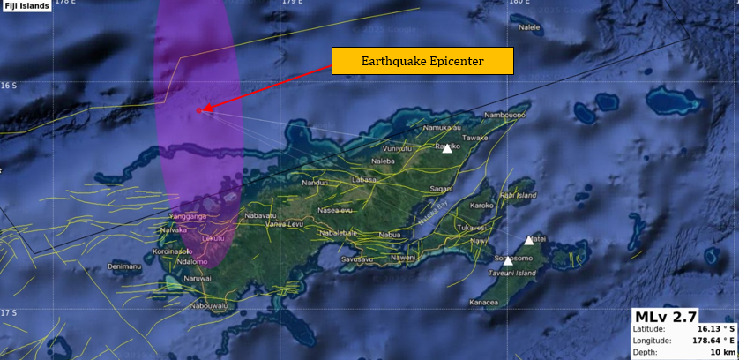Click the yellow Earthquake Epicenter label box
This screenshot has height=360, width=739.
(x=422, y=62)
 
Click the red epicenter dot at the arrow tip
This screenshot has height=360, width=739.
(x=200, y=110)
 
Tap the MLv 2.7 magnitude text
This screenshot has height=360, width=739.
(x=666, y=317)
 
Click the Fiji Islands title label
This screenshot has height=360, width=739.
(x=26, y=6)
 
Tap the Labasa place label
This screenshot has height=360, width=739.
(x=364, y=179)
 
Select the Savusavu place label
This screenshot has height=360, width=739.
(x=357, y=259)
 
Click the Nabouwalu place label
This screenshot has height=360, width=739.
(x=208, y=306)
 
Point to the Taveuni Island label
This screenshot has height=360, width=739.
(x=512, y=274)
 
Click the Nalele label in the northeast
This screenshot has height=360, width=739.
(x=529, y=27)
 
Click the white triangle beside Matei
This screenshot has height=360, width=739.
(x=529, y=240)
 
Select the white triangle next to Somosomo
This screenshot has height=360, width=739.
(x=507, y=260)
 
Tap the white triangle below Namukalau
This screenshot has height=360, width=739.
(x=447, y=148)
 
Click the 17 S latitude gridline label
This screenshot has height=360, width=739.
(x=8, y=313)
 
